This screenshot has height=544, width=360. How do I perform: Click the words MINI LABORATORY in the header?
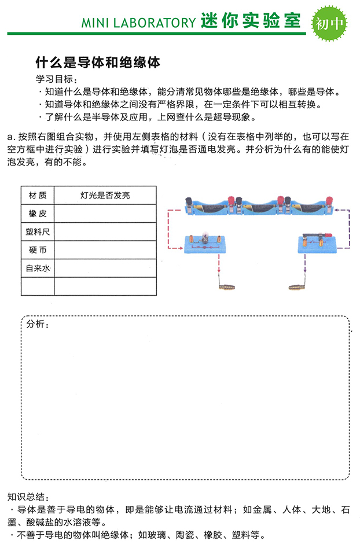click(138, 23)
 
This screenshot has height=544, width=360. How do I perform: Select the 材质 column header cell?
click(38, 196)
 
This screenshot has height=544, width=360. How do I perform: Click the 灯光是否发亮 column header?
click(105, 196)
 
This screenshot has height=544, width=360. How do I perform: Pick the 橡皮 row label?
click(38, 214)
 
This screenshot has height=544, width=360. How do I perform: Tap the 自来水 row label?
click(38, 269)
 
